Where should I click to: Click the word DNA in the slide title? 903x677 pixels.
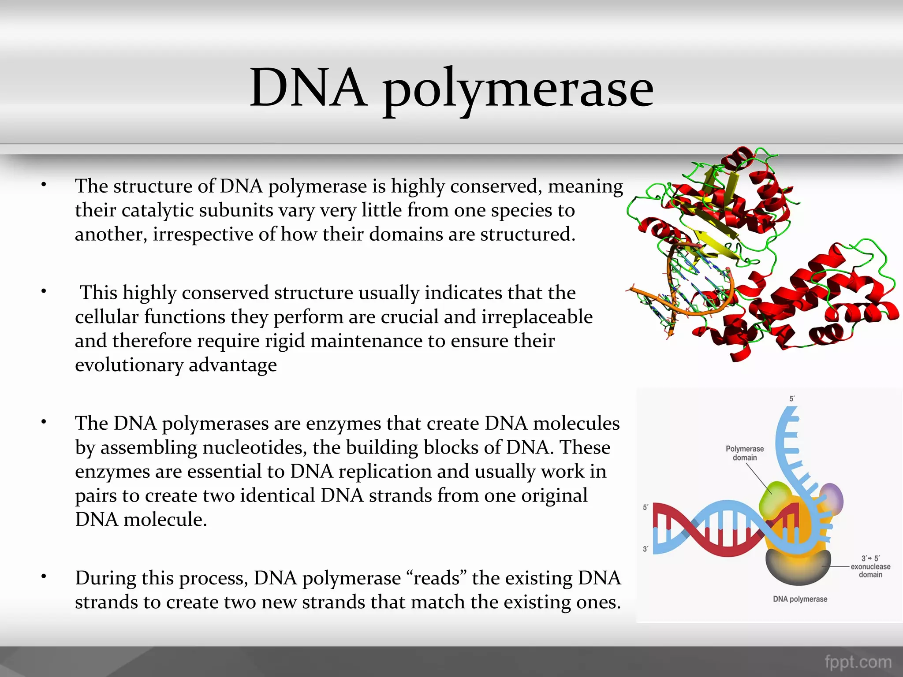point(308,88)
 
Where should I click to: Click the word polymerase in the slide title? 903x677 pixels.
point(518,90)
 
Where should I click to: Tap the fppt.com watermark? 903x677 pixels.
point(858,662)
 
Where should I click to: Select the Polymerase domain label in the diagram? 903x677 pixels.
point(745,453)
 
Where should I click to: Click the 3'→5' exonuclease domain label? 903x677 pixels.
point(870,566)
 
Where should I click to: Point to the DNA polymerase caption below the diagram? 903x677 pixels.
point(800,599)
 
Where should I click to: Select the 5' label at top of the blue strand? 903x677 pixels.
point(792,399)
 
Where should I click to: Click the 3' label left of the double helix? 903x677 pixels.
point(646,549)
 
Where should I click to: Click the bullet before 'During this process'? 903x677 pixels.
point(44,576)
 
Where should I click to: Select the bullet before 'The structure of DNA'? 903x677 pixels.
point(44,185)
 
